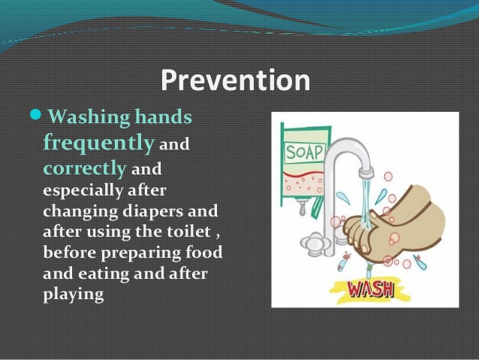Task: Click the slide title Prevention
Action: pos(236,80)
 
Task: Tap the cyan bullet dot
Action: pos(35,115)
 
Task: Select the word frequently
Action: pos(98,143)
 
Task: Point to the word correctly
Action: pos(85,168)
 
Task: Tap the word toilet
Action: pos(188,231)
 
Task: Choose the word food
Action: pos(204,253)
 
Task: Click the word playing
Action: pos(74,295)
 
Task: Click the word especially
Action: pos(83,191)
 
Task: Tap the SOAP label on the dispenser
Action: pos(304,153)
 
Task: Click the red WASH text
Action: pos(371,289)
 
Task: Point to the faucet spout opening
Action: pos(366,174)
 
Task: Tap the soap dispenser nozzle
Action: pos(302,208)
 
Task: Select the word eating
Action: pos(104,274)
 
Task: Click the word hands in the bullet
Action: pos(163,116)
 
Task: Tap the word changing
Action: pos(80,212)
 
